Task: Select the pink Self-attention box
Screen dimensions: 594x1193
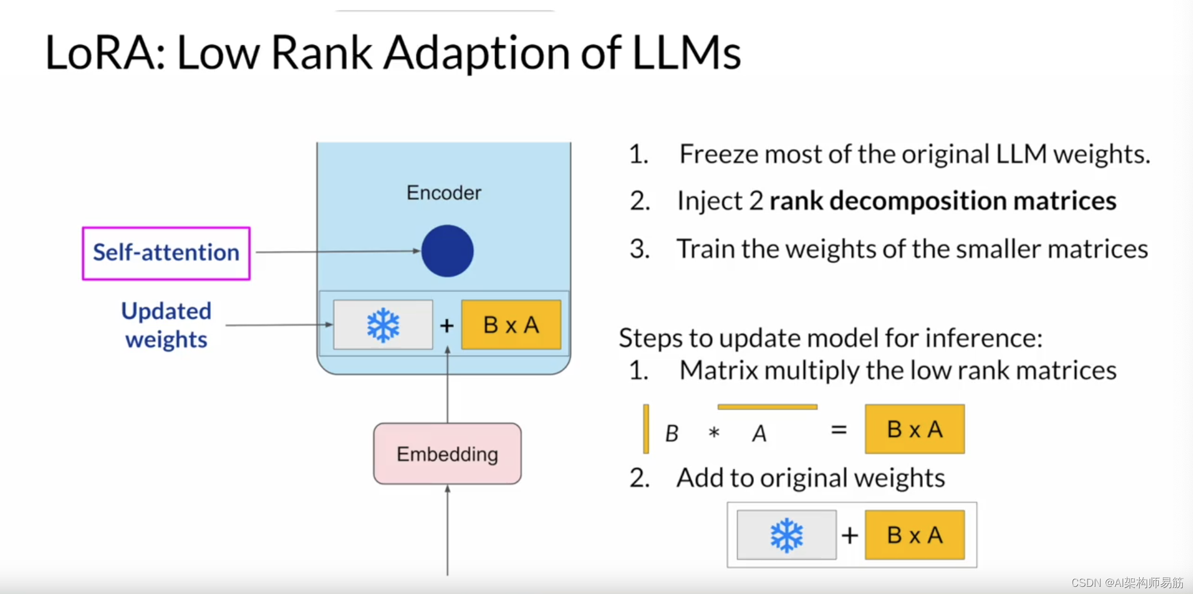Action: [x=166, y=253]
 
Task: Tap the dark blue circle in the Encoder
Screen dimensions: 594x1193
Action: [x=447, y=251]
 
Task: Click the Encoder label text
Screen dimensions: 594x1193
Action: [x=444, y=193]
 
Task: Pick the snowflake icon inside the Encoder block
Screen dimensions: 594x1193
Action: [x=383, y=325]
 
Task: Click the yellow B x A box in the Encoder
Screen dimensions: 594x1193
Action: [x=511, y=325]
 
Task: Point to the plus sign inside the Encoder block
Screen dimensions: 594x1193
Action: [x=447, y=326]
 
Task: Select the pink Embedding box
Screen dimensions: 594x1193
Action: [x=447, y=454]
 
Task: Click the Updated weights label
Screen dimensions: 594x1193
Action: [x=166, y=325]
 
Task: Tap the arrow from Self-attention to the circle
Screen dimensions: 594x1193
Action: [x=335, y=251]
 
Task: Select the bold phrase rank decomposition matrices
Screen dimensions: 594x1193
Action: [x=943, y=201]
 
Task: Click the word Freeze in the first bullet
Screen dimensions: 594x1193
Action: [x=719, y=154]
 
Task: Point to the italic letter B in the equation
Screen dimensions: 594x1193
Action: [x=672, y=433]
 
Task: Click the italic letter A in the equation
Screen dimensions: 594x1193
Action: [x=759, y=433]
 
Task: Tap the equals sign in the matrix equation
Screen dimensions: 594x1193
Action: [x=839, y=429]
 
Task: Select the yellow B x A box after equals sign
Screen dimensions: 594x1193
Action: [x=915, y=429]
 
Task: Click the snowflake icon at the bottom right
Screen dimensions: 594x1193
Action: [x=786, y=535]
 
